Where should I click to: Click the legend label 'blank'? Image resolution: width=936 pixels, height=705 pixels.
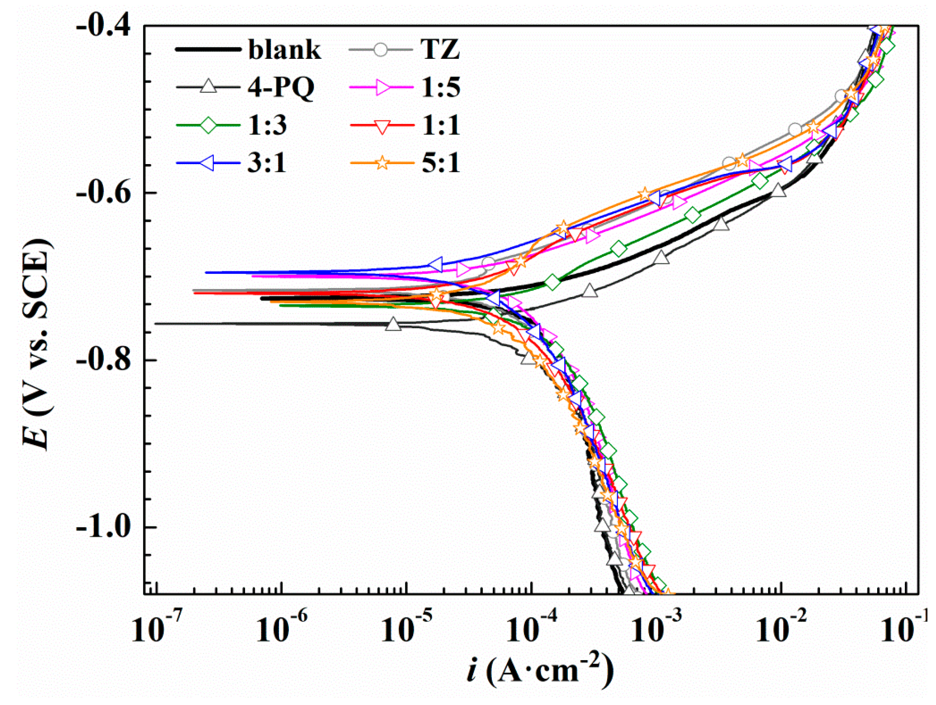pos(284,50)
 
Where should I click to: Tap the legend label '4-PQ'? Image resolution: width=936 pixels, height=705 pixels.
pos(281,87)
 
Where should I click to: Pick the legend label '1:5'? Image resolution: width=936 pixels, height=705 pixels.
pos(440,87)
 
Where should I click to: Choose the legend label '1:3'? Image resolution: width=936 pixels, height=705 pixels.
pos(267,125)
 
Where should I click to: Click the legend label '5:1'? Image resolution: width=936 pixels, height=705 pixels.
pos(440,163)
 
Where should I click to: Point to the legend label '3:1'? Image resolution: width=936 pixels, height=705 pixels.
pos(267,163)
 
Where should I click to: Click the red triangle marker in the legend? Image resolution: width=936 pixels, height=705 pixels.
pos(382,126)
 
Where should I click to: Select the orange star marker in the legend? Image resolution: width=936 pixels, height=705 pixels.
pos(382,163)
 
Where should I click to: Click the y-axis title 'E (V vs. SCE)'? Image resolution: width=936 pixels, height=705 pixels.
pos(37,345)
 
